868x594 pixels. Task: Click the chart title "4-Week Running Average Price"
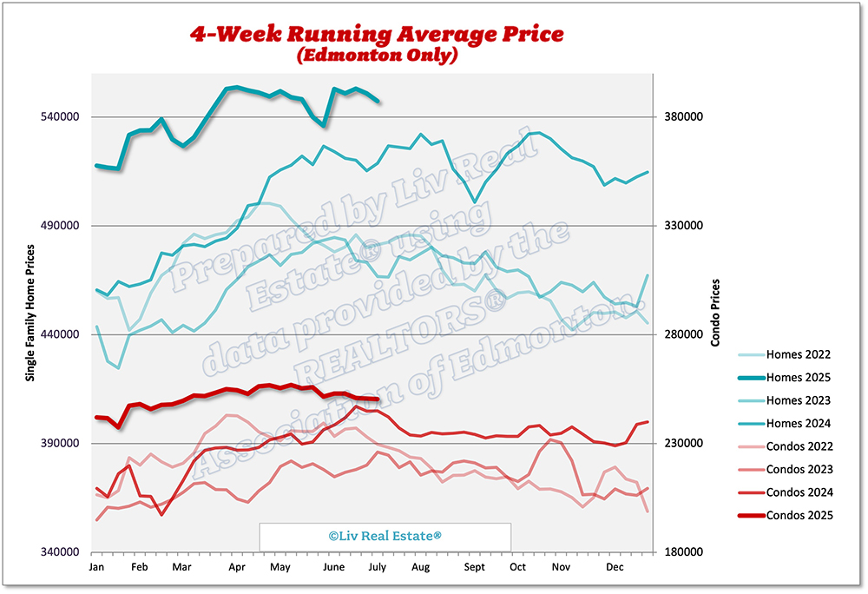tap(377, 35)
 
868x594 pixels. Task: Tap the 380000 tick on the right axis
tap(683, 117)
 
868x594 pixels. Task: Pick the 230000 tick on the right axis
tap(683, 444)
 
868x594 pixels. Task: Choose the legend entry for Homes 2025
tap(799, 378)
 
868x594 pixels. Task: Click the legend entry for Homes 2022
tap(799, 354)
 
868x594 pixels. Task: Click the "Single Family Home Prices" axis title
tap(30, 313)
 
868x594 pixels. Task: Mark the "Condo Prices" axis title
tap(715, 313)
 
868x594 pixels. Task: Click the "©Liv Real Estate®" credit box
tap(385, 537)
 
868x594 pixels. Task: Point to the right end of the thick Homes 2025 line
tap(378, 102)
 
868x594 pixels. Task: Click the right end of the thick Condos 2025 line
tap(378, 399)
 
